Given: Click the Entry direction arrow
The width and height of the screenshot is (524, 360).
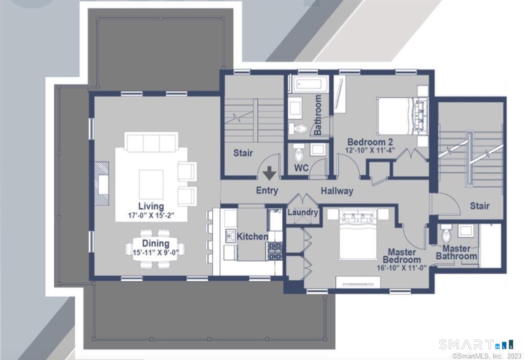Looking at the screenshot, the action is pyautogui.click(x=269, y=173).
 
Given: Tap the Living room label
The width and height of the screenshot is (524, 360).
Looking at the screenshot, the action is pyautogui.click(x=151, y=206).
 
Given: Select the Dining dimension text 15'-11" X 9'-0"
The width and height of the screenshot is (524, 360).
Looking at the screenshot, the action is pyautogui.click(x=156, y=253).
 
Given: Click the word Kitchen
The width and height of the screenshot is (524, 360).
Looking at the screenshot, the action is pyautogui.click(x=252, y=236).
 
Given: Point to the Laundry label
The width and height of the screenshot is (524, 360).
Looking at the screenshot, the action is pyautogui.click(x=302, y=212).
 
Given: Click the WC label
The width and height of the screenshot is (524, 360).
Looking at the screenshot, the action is pyautogui.click(x=301, y=168).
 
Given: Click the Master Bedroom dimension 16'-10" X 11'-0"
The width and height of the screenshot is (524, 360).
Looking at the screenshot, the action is pyautogui.click(x=401, y=267).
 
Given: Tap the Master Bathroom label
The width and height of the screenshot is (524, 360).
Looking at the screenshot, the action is pyautogui.click(x=456, y=252).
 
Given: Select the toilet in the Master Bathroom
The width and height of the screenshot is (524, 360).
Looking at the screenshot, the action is pyautogui.click(x=446, y=234).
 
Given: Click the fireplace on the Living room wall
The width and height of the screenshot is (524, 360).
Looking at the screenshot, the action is pyautogui.click(x=101, y=184).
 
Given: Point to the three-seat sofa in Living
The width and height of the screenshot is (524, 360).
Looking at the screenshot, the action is pyautogui.click(x=151, y=142).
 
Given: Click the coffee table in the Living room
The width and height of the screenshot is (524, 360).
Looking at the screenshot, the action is pyautogui.click(x=151, y=184).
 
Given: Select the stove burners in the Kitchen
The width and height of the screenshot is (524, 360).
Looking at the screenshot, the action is pyautogui.click(x=275, y=251).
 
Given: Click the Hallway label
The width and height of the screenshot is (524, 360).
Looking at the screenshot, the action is pyautogui.click(x=337, y=191).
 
